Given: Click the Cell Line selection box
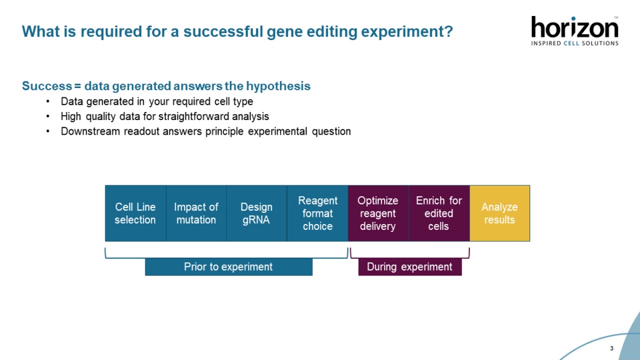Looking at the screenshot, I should pyautogui.click(x=135, y=213).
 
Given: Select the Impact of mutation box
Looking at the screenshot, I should pyautogui.click(x=196, y=213).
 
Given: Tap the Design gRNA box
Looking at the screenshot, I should pyautogui.click(x=256, y=213).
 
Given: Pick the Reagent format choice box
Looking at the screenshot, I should pyautogui.click(x=317, y=213).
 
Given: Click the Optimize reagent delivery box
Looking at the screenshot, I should pyautogui.click(x=378, y=213).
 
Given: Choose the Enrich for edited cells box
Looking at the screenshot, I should pyautogui.click(x=439, y=213).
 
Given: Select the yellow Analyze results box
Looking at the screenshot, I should pyautogui.click(x=499, y=213).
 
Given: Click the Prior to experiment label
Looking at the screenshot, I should pyautogui.click(x=228, y=267).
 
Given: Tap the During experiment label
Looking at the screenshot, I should pyautogui.click(x=409, y=267).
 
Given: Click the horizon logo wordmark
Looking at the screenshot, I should pyautogui.click(x=574, y=27).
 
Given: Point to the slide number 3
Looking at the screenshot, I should pyautogui.click(x=611, y=348).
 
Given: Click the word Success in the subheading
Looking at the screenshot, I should pyautogui.click(x=46, y=86).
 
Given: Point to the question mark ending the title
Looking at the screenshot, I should pyautogui.click(x=448, y=31).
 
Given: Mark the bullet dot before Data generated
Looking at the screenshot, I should pyautogui.click(x=48, y=102).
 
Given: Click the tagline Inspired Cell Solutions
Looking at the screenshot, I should pyautogui.click(x=574, y=43).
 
